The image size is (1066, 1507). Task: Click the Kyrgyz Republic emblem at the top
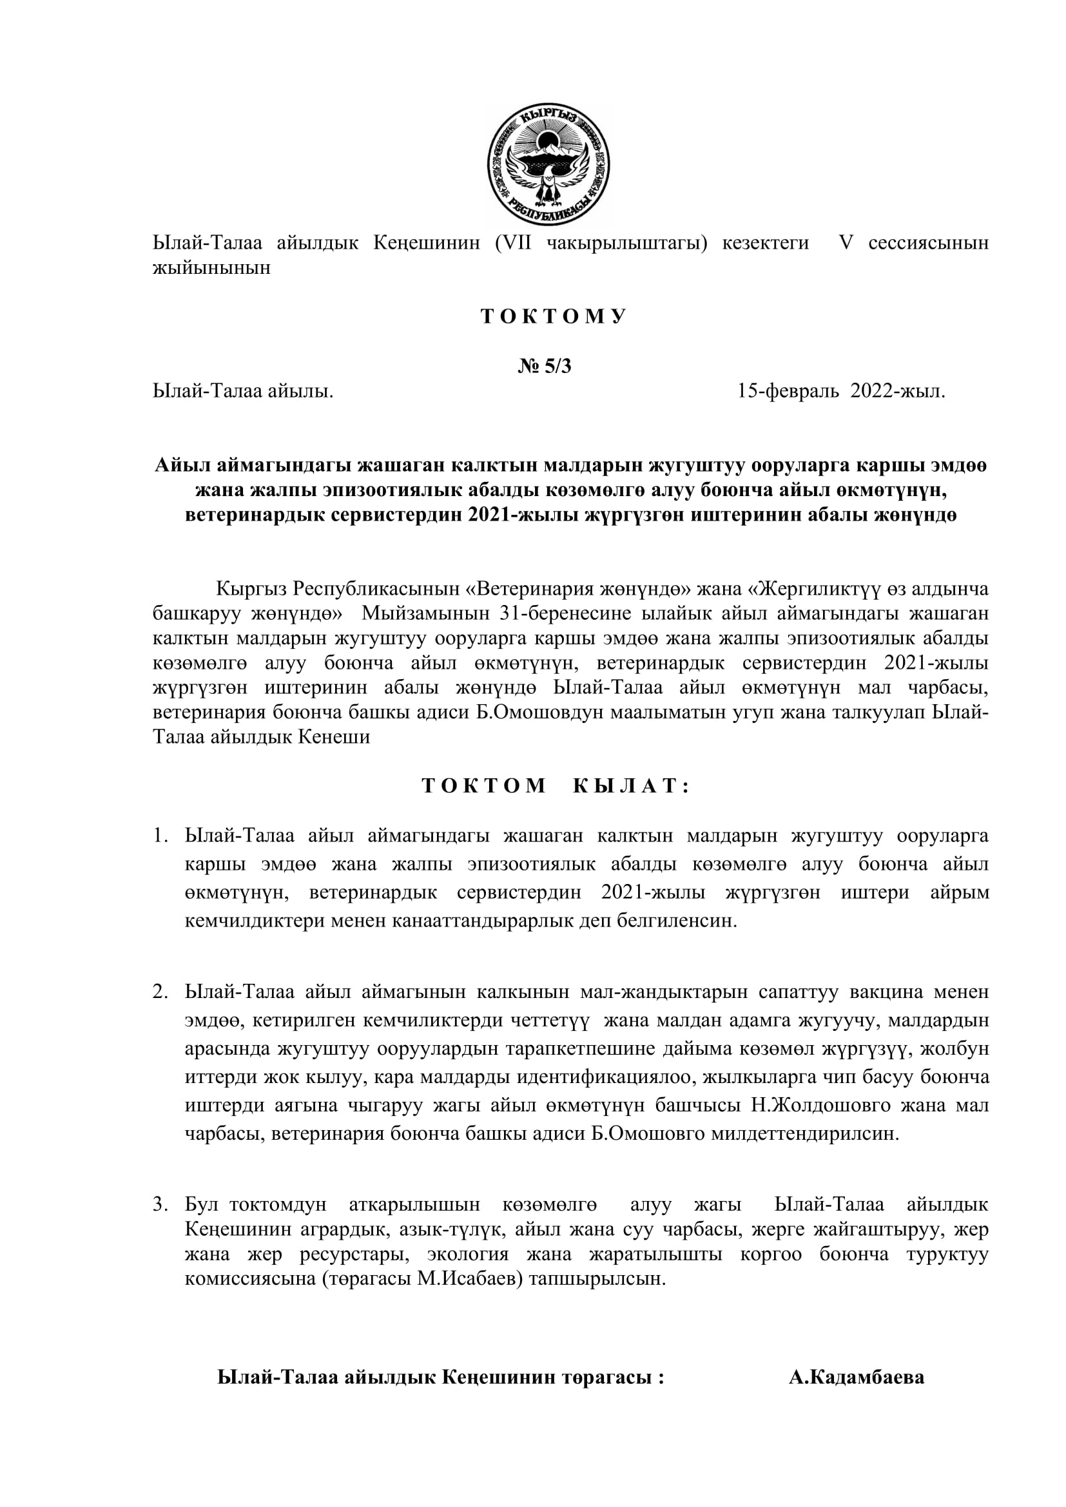tap(548, 165)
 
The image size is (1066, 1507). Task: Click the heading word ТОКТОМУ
tap(554, 316)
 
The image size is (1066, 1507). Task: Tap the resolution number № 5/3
tap(544, 366)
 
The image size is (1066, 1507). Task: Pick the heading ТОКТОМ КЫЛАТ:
tap(556, 785)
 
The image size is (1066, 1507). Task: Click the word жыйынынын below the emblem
tap(211, 268)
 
